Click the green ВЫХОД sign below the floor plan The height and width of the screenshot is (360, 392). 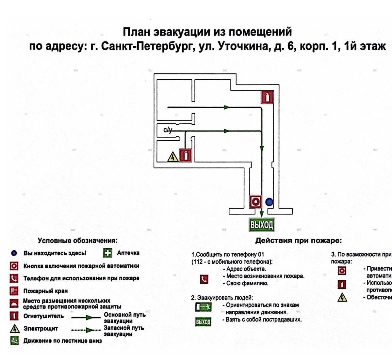pyautogui.click(x=261, y=225)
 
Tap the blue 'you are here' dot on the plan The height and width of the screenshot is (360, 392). pyautogui.click(x=269, y=202)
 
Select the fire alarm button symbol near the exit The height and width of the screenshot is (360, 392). pyautogui.click(x=255, y=202)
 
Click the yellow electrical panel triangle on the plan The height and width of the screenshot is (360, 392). pyautogui.click(x=172, y=157)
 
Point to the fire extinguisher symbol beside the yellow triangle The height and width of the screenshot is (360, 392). pyautogui.click(x=185, y=155)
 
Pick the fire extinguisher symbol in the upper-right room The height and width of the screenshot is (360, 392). pyautogui.click(x=267, y=97)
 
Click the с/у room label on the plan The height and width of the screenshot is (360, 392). pyautogui.click(x=168, y=130)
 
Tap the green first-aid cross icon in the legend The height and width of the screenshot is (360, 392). pyautogui.click(x=107, y=253)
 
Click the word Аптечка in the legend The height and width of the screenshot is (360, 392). pyautogui.click(x=128, y=253)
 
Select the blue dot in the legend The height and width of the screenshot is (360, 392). pyautogui.click(x=14, y=253)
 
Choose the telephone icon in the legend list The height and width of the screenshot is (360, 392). pyautogui.click(x=14, y=278)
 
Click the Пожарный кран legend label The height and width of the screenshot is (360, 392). pyautogui.click(x=45, y=291)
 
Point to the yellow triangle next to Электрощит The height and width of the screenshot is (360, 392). pyautogui.click(x=14, y=328)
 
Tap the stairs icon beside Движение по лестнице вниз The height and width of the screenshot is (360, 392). pyautogui.click(x=14, y=341)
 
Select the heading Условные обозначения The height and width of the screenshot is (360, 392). pyautogui.click(x=77, y=241)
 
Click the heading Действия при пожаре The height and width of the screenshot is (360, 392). pyautogui.click(x=298, y=241)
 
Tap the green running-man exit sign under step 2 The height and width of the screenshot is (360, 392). pyautogui.click(x=203, y=307)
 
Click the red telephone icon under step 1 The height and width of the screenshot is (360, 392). pyautogui.click(x=204, y=279)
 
